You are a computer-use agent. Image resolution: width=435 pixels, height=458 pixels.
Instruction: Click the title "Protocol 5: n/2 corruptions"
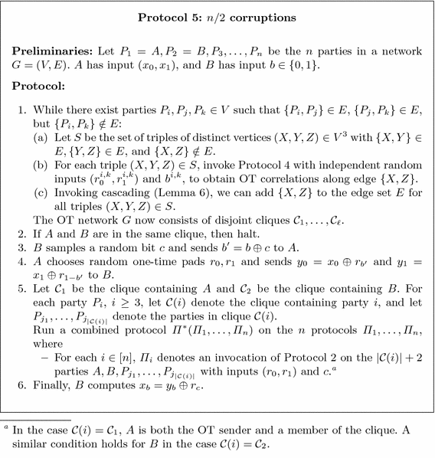click(217, 16)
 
